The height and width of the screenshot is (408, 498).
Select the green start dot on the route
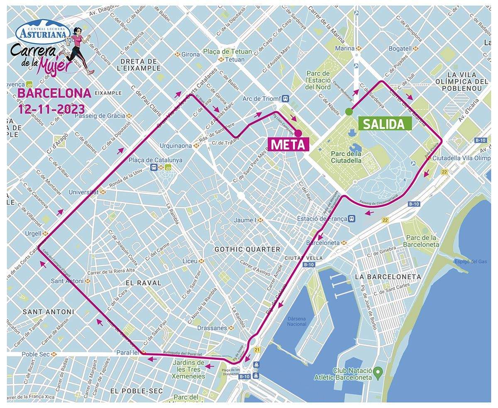349,111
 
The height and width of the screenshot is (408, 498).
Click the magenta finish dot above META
298,133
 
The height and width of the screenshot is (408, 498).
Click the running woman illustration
79,50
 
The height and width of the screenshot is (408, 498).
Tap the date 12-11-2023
52,109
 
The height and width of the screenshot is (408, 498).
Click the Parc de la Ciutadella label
346,157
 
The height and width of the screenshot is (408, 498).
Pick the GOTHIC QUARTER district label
247,249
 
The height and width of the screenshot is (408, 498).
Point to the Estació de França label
322,218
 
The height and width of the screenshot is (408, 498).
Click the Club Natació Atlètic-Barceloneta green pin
377,370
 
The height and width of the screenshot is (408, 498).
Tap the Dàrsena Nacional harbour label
297,321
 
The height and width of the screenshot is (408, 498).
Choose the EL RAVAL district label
143,283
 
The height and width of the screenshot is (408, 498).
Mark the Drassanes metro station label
212,328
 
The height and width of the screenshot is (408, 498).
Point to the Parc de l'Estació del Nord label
318,80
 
